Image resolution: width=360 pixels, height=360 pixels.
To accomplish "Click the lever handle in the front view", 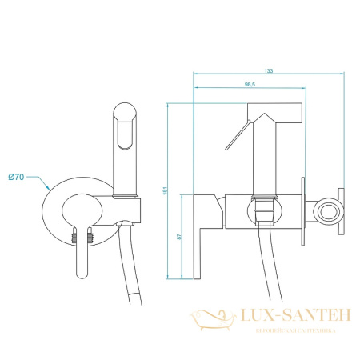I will click(x=82, y=260).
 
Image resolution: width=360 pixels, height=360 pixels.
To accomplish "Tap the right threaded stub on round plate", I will click(x=92, y=237).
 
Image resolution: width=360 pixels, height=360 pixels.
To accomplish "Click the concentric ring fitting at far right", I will click(x=326, y=213).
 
